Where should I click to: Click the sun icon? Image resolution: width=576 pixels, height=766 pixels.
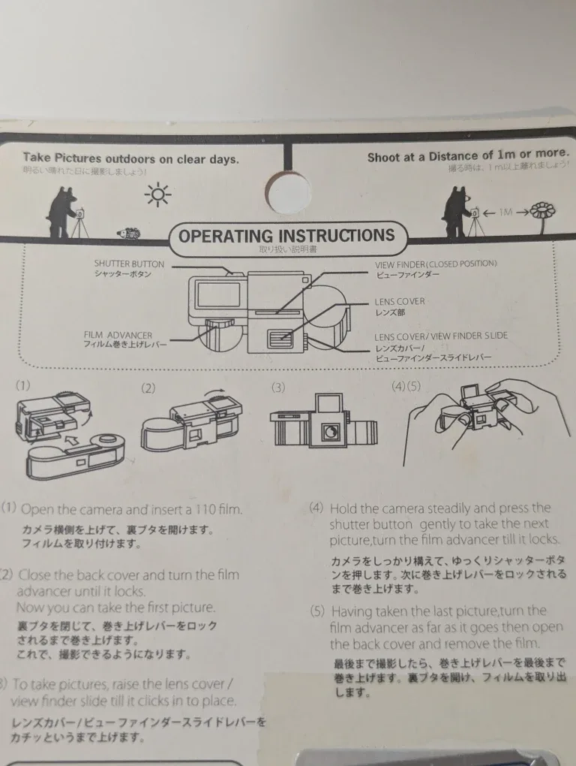coord(158,195)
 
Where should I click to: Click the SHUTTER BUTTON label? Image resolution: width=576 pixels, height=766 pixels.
coord(128,264)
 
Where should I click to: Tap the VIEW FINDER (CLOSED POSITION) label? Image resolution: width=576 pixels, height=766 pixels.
coord(436,264)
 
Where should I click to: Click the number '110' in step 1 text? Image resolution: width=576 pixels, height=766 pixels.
coord(193,509)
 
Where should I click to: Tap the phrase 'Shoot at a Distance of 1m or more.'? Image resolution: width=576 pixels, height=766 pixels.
coord(468,156)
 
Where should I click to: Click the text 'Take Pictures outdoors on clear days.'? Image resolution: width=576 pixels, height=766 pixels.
coord(131,158)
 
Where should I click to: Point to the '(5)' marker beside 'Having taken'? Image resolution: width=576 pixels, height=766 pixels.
coord(317,611)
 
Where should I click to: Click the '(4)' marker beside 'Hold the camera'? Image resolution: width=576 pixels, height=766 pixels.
coord(316,508)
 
